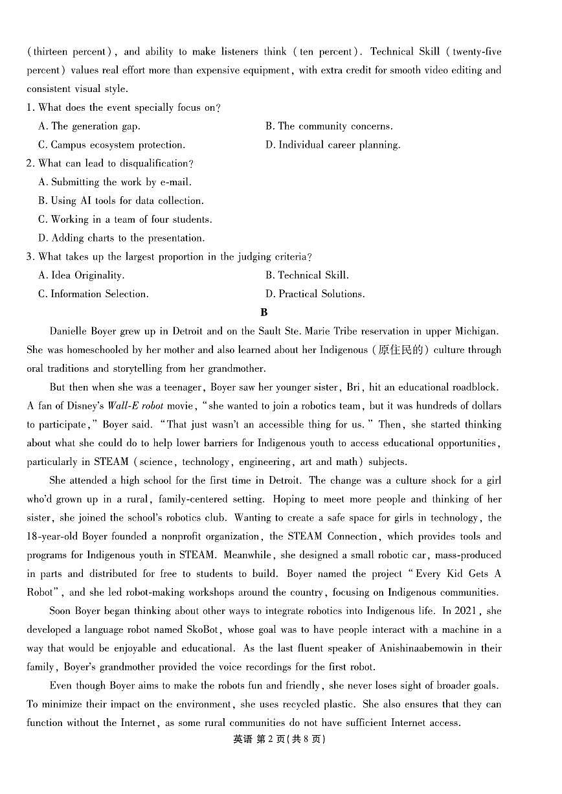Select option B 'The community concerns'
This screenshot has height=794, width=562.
click(x=329, y=126)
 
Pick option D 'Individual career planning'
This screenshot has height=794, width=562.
click(x=333, y=145)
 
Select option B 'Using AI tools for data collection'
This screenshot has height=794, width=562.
click(x=121, y=201)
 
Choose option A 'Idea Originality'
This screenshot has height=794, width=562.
click(x=82, y=275)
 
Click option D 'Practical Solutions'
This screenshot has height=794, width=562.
click(x=315, y=294)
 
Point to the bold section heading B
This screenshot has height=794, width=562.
click(x=264, y=313)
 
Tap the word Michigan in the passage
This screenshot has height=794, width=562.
click(x=475, y=331)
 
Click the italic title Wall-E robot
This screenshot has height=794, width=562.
click(x=138, y=406)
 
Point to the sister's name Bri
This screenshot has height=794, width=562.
click(x=354, y=387)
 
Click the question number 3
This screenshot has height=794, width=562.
click(x=30, y=256)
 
